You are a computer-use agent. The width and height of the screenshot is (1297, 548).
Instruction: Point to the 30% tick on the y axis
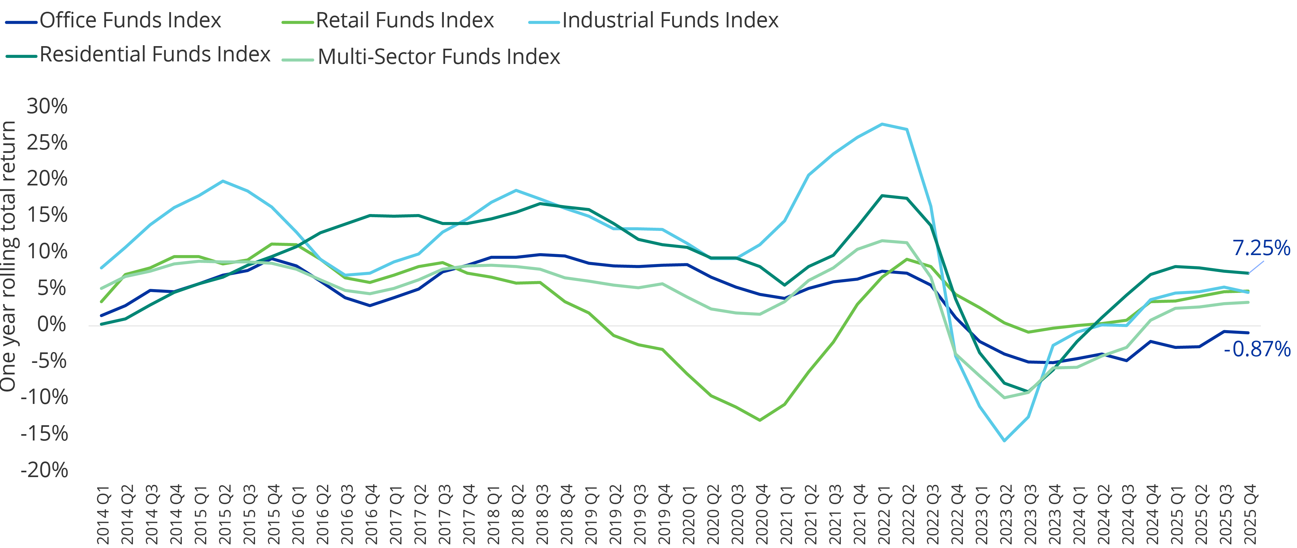click(x=47, y=106)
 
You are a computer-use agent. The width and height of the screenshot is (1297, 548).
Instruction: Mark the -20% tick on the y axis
click(x=44, y=470)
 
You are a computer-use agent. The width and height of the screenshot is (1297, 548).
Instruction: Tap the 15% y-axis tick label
click(x=47, y=215)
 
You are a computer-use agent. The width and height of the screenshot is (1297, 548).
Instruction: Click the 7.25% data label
click(x=1261, y=248)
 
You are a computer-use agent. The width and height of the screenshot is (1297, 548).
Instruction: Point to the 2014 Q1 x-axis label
click(x=103, y=514)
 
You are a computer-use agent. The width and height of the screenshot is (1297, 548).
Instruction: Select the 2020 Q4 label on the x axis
click(x=762, y=514)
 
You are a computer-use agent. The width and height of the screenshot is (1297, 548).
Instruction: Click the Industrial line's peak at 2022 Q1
click(x=882, y=124)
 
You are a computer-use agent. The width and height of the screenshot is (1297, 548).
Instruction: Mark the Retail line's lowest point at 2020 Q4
click(x=760, y=420)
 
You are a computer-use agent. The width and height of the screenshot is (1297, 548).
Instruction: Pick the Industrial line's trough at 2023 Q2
click(x=1004, y=441)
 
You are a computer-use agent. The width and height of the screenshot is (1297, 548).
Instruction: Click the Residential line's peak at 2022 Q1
click(x=882, y=195)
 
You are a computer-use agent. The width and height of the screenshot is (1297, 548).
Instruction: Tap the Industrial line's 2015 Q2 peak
click(x=223, y=181)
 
